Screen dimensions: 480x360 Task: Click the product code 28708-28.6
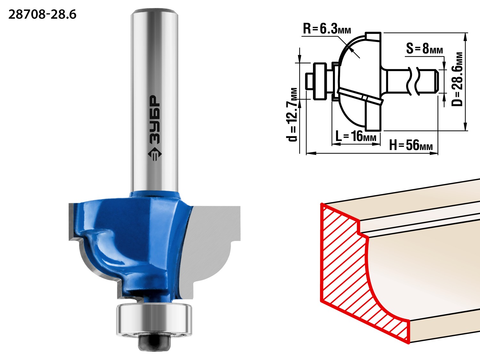tap(43, 15)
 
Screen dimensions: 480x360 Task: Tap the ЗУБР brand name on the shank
tap(155, 120)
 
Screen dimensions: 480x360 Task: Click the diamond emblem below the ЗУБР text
tap(155, 154)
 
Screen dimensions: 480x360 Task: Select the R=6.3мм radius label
tap(327, 28)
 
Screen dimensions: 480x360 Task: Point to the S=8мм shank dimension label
tap(424, 49)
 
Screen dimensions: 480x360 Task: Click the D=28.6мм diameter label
tap(457, 79)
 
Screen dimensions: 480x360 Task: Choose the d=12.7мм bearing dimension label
tap(292, 115)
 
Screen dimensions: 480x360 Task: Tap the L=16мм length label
tap(356, 136)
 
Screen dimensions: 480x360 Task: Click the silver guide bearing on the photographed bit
tap(154, 320)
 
